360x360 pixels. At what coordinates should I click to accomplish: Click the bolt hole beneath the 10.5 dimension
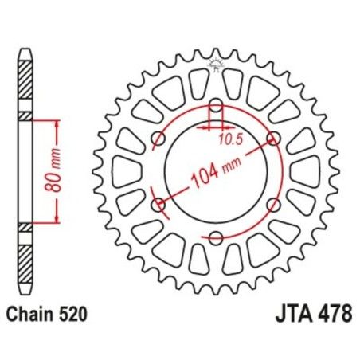(216, 104)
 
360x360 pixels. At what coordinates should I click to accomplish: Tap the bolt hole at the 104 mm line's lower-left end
(157, 203)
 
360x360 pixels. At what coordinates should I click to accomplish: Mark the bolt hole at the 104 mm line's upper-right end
(275, 139)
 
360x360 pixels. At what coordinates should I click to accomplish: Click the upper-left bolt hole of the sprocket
(158, 139)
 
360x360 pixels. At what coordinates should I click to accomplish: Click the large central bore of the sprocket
(216, 171)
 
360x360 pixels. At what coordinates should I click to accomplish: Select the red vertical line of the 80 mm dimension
(56, 171)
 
